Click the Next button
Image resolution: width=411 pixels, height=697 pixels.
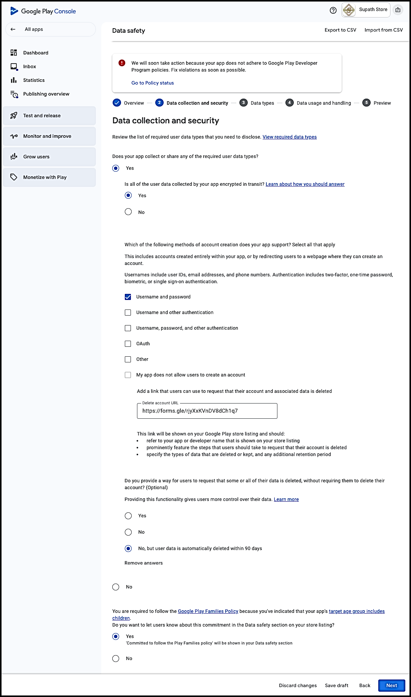391,686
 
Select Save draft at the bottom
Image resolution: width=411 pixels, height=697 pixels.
336,686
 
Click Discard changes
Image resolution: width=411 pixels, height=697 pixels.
298,686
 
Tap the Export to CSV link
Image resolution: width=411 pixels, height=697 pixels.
340,30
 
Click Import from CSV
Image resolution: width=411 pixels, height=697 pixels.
383,30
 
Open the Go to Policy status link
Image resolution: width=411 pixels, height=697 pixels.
153,83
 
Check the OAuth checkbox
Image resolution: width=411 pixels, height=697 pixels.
128,344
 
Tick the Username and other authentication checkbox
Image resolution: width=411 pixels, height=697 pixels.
128,313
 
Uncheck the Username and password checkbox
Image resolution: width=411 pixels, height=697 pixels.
128,297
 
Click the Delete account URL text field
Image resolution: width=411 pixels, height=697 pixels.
207,411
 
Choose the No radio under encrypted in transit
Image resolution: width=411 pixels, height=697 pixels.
128,212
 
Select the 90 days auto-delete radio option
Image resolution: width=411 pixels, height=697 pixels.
128,549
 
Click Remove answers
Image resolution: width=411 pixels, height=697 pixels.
143,563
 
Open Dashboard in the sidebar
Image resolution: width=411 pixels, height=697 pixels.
36,53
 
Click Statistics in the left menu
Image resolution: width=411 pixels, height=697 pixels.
34,80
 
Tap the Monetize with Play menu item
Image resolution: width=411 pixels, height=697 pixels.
45,177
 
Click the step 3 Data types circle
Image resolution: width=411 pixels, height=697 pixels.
244,103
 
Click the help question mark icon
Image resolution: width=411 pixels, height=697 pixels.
333,11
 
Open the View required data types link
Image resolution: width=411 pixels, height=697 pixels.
289,137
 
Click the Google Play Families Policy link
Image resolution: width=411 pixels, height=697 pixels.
208,611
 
